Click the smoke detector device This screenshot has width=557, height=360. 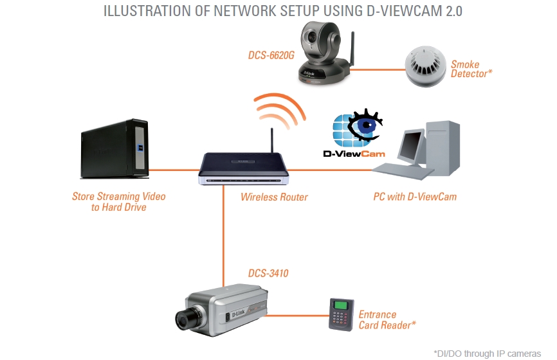pos(425,66)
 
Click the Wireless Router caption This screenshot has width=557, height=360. pos(274,197)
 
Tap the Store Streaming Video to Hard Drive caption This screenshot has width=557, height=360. pos(119,201)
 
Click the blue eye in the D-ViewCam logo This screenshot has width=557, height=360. pos(365,129)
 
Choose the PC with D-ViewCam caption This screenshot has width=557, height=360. pos(415,197)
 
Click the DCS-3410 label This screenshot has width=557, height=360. pos(268,273)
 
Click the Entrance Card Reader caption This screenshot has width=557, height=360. pos(387,319)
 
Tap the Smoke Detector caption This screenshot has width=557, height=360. pos(471,69)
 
